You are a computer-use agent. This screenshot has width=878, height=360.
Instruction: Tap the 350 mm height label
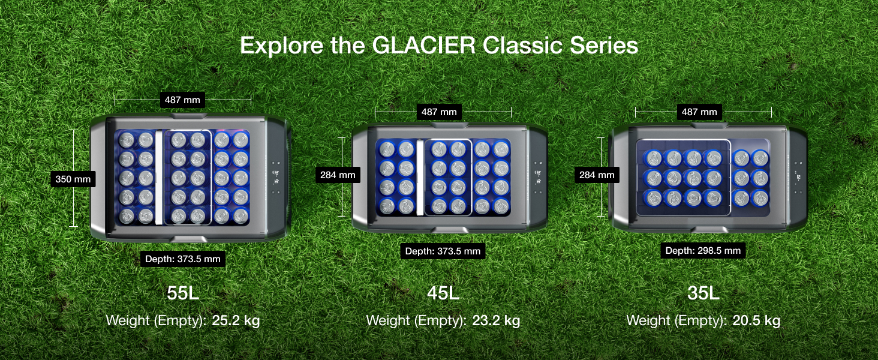click(x=73, y=178)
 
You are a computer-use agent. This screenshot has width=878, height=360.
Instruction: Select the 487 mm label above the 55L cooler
click(x=183, y=100)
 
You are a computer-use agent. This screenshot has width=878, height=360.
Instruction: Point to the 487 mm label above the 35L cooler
click(x=699, y=112)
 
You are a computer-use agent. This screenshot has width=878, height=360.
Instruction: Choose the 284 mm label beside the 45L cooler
click(x=338, y=175)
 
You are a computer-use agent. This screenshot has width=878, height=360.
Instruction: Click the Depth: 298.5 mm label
click(x=703, y=250)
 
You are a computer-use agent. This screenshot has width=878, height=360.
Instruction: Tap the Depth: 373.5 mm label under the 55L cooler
click(x=183, y=259)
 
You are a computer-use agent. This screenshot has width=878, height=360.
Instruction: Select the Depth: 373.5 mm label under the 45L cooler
click(x=443, y=251)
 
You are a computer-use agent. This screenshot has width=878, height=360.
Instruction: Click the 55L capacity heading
click(x=183, y=293)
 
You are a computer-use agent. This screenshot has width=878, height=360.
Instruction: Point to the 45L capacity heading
click(x=443, y=293)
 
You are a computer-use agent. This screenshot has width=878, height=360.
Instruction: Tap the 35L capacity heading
click(x=703, y=293)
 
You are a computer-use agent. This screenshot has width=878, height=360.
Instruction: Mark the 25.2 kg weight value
click(x=236, y=320)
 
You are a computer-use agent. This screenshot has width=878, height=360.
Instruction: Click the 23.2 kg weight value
click(x=496, y=320)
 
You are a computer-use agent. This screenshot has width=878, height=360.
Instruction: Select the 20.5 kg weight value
click(x=756, y=320)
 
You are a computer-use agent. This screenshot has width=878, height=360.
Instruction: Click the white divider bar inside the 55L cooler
click(x=159, y=178)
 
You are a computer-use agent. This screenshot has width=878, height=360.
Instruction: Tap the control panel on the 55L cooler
click(x=276, y=178)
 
